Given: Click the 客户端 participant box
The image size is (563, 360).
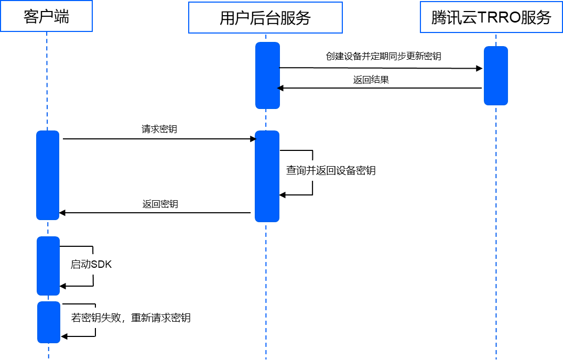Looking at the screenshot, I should tap(46, 17).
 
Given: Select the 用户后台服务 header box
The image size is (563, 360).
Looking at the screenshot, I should tap(265, 18).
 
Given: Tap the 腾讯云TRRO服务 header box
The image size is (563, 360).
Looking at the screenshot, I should tap(491, 17).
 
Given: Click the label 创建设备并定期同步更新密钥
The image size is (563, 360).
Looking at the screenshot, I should tap(393, 56).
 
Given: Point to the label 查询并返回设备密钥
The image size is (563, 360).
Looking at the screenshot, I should tap(331, 171).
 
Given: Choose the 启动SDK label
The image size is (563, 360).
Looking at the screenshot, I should tap(91, 265).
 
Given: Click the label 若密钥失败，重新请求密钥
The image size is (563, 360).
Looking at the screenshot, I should tap(131, 318).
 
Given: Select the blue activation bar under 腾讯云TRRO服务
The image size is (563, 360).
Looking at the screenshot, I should tap(496, 75).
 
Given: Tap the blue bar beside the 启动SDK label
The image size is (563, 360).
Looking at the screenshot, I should tap(48, 266).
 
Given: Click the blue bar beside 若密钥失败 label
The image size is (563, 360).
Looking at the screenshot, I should tap(49, 322).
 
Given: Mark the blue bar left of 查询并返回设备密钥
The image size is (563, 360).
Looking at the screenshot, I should tap(267, 176).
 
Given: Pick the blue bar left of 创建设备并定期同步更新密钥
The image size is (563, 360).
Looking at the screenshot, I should tap(268, 75).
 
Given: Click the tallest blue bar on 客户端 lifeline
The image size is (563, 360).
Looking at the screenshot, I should tap(48, 175).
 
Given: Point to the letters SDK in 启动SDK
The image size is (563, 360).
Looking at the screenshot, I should tap(101, 265).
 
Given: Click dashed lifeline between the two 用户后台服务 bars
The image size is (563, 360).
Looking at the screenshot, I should tap(266, 119).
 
